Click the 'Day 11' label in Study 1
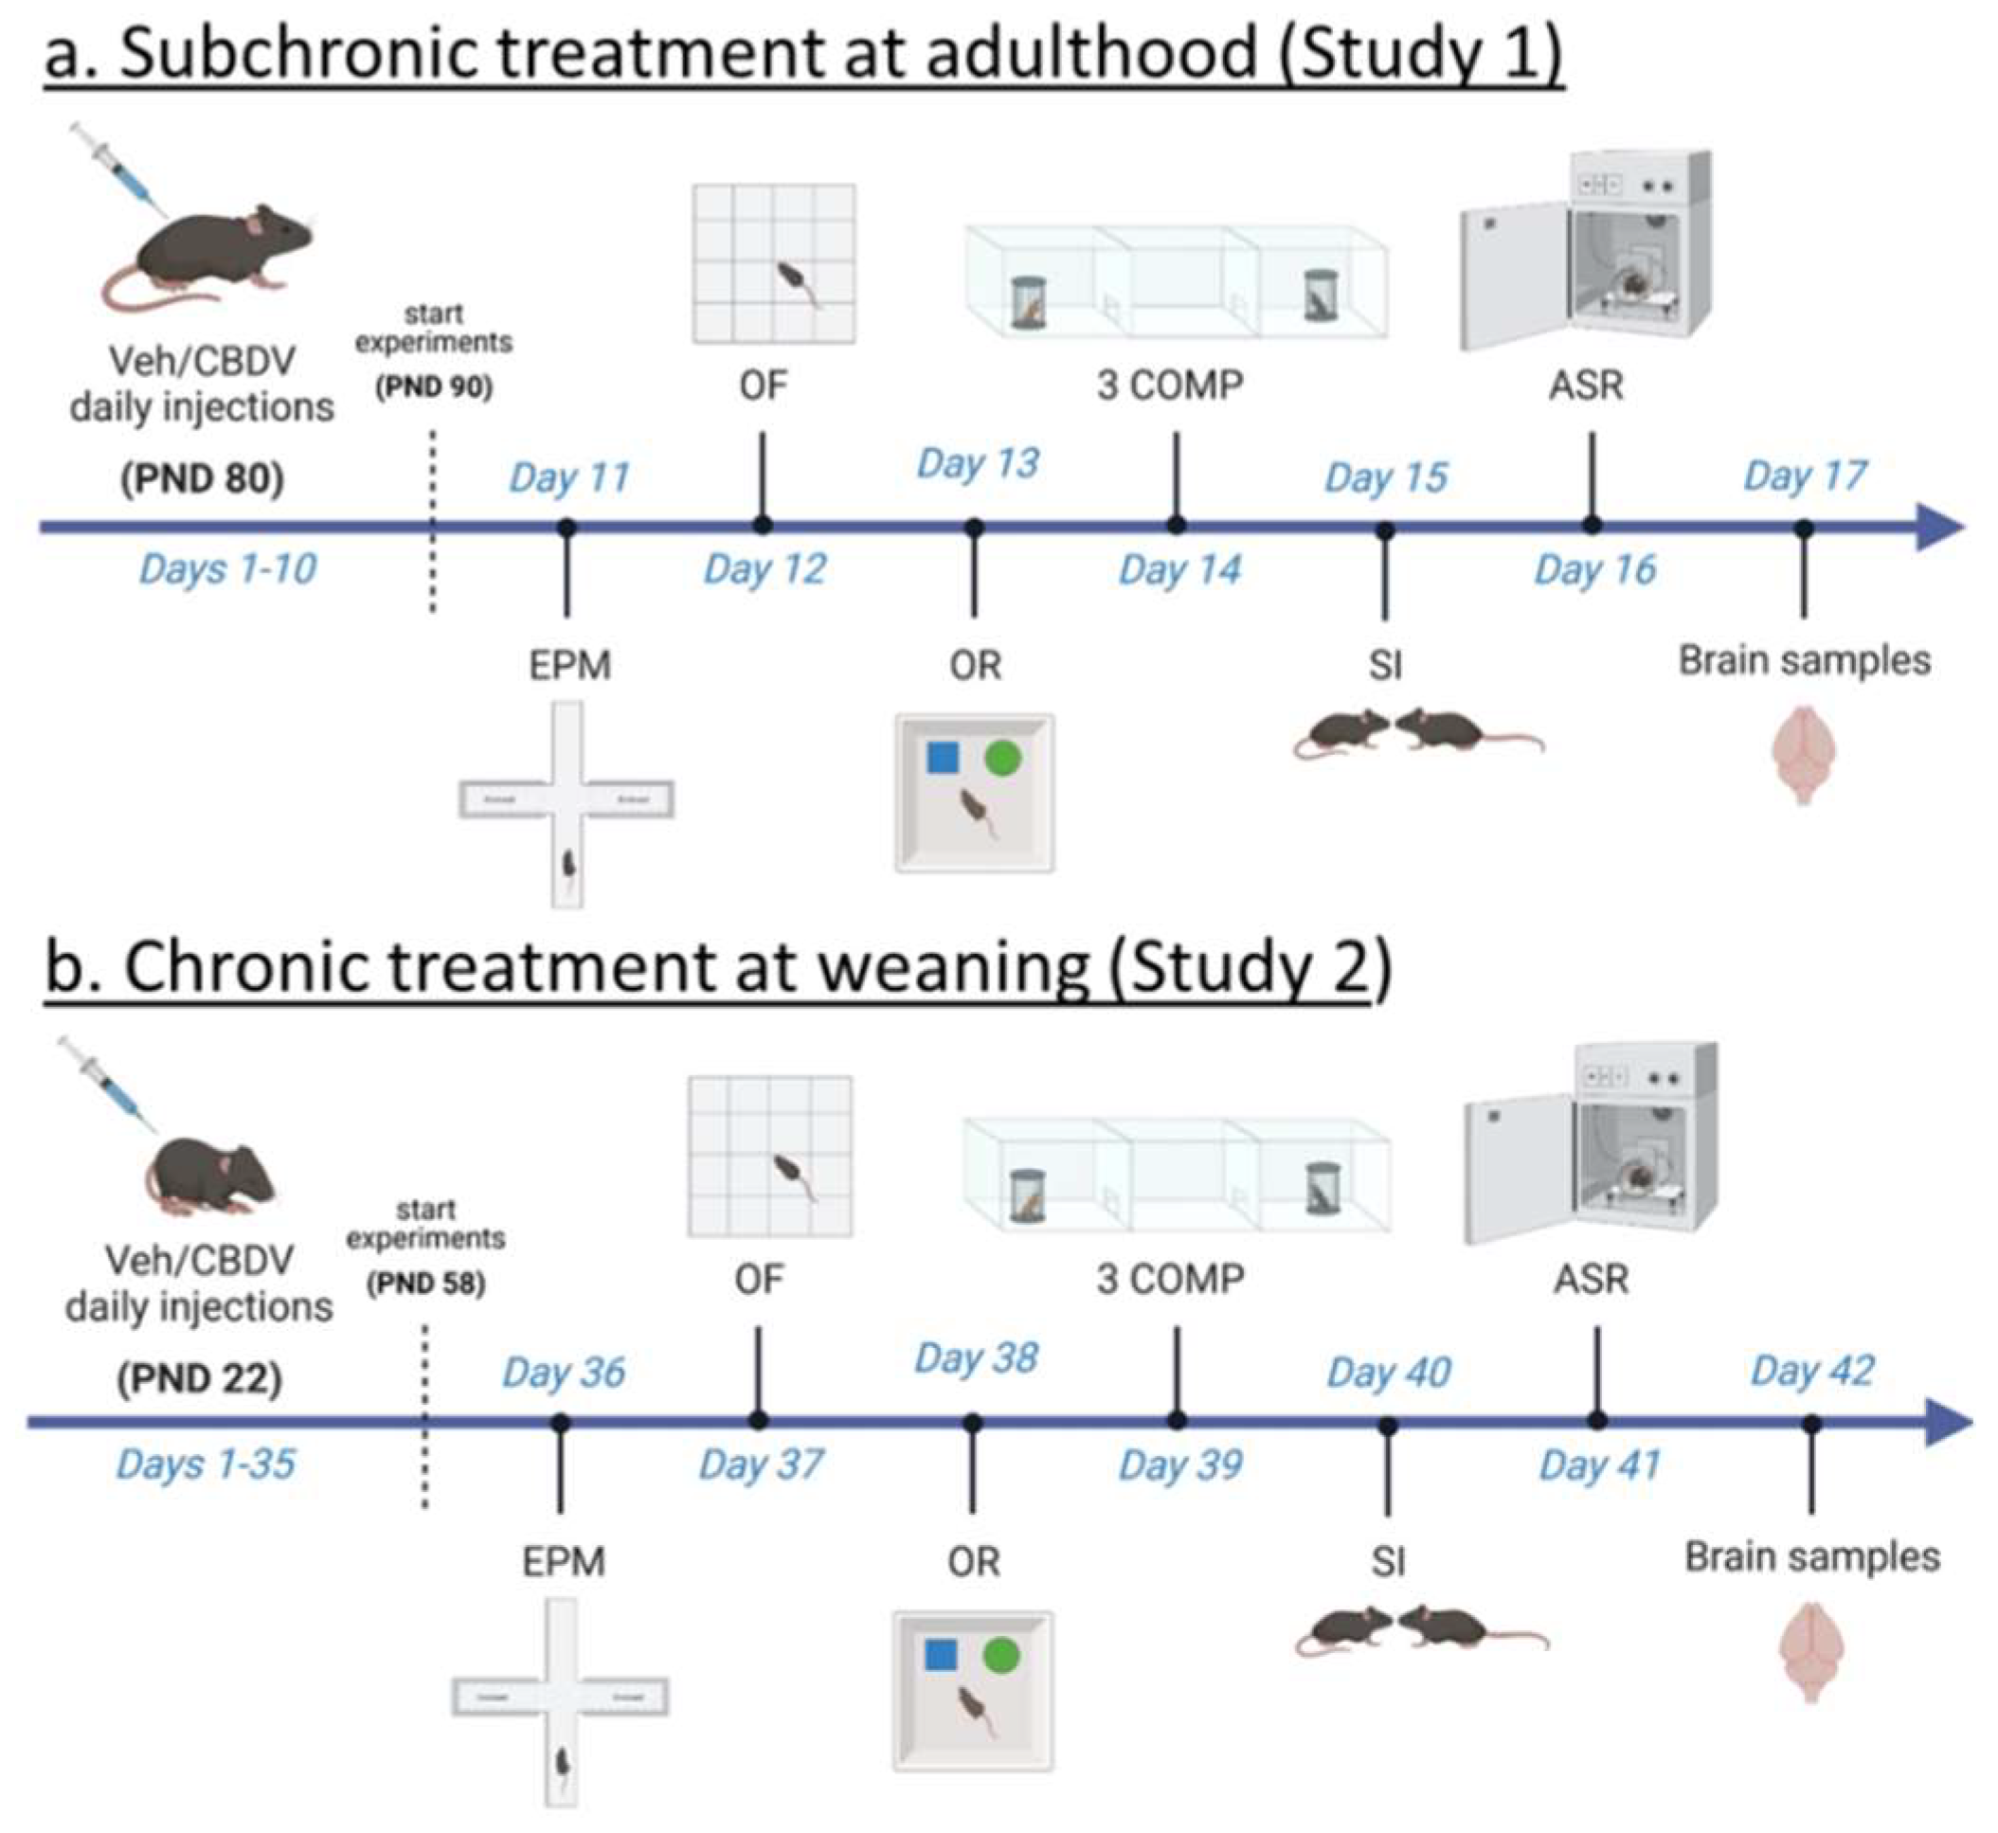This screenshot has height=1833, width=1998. (x=569, y=478)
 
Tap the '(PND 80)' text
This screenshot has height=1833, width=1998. (x=203, y=479)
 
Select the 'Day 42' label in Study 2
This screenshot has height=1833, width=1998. (x=1811, y=1371)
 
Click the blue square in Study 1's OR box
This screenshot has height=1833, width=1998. (x=943, y=758)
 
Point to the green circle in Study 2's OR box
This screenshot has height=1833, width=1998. (x=1001, y=1655)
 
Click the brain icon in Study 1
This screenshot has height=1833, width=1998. (x=1804, y=753)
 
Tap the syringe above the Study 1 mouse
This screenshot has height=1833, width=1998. (x=120, y=169)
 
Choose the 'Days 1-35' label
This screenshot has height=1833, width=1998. (x=206, y=1464)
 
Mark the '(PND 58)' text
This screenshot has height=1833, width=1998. (x=425, y=1284)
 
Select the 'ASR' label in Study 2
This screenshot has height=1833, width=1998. (x=1592, y=1280)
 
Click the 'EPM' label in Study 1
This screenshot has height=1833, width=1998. (x=569, y=665)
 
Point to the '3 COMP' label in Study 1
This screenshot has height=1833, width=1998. (x=1170, y=385)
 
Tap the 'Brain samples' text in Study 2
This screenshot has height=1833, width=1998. (x=1811, y=1557)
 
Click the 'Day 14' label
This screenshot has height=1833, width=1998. (x=1179, y=569)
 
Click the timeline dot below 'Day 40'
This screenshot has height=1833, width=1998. (x=1388, y=1427)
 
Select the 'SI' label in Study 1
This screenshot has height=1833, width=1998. (x=1385, y=665)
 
